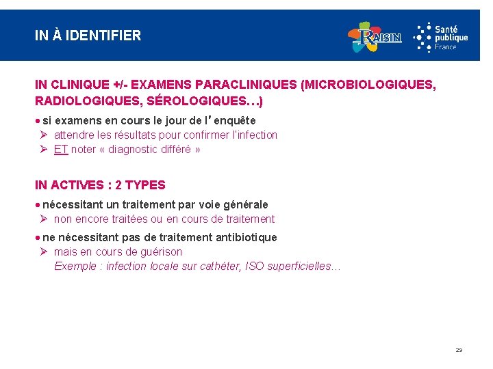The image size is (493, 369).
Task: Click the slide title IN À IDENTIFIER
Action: pos(88,36)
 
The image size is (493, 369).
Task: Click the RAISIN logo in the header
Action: pos(375,37)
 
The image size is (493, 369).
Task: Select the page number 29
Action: pos(459,350)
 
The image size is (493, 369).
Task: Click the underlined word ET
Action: pos(61,150)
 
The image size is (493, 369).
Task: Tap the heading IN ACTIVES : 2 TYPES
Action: pos(100,185)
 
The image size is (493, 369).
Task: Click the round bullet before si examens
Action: pos(37,121)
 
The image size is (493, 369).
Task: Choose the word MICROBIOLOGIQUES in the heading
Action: pos(367,85)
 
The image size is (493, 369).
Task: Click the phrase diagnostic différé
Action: pos(153,150)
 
